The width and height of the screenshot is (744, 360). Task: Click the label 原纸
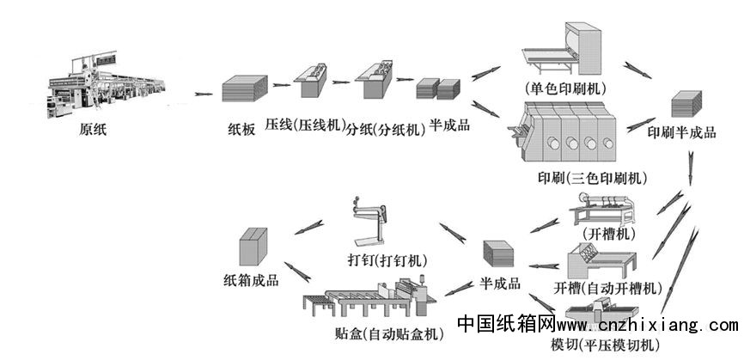tap(94, 131)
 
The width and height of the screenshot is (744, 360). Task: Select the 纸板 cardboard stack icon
tap(240, 90)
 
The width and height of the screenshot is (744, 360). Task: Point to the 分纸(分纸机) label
tap(386, 130)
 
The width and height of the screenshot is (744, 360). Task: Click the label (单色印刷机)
tap(564, 88)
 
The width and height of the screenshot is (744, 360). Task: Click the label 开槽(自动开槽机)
tap(607, 287)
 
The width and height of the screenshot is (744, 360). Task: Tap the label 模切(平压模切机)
tap(605, 345)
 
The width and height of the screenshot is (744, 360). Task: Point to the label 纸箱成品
tap(251, 281)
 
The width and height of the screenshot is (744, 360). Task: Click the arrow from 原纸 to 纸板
tap(204, 94)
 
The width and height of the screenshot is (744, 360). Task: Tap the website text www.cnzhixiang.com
tap(647, 326)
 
